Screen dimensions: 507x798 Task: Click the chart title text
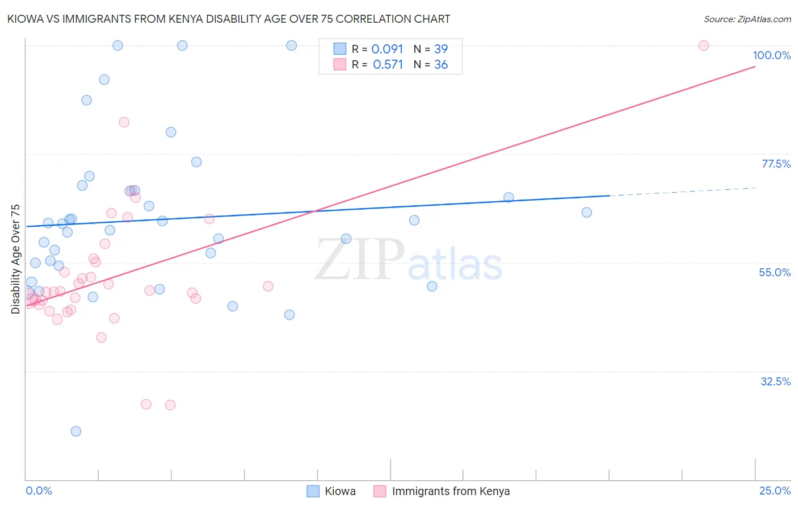[x=229, y=19]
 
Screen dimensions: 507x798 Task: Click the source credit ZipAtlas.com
[x=747, y=19]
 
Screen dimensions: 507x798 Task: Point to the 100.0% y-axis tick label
[x=771, y=55]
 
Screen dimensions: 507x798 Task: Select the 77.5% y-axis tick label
[x=776, y=164]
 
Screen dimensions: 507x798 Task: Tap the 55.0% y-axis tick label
[x=775, y=272]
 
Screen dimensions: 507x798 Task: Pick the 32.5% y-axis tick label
[x=775, y=381]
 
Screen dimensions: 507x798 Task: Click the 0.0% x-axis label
[x=39, y=491]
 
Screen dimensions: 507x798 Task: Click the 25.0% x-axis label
[x=775, y=491]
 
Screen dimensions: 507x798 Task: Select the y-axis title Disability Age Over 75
[x=15, y=259]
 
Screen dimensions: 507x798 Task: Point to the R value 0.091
[x=387, y=49]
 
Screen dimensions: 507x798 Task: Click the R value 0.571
[x=388, y=64]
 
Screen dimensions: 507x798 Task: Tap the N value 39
[x=441, y=49]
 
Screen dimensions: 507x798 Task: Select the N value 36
[x=441, y=64]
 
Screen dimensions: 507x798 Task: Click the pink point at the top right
[x=703, y=45]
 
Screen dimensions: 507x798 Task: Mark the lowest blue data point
[x=75, y=431]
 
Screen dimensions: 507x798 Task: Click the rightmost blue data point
[x=586, y=213]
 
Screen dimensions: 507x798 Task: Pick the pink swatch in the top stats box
[x=339, y=64]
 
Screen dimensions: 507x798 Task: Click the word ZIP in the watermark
[x=360, y=260]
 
